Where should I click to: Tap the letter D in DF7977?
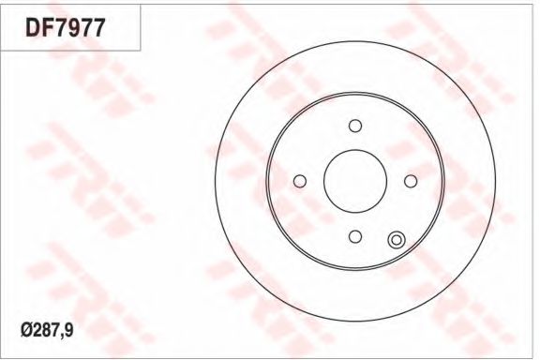pyautogui.click(x=33, y=27)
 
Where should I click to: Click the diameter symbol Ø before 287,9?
pyautogui.click(x=25, y=330)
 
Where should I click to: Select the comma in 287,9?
pyautogui.click(x=62, y=334)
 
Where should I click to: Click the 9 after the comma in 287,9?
pyautogui.click(x=68, y=330)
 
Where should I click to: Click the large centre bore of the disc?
pyautogui.click(x=354, y=181)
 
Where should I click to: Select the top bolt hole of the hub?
pyautogui.click(x=354, y=126)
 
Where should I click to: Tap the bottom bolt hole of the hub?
pyautogui.click(x=354, y=236)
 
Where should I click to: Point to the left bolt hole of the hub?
pyautogui.click(x=299, y=181)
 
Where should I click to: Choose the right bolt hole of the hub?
pyautogui.click(x=410, y=181)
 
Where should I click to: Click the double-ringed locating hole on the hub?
pyautogui.click(x=396, y=241)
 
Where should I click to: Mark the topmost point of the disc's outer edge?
pyautogui.click(x=354, y=41)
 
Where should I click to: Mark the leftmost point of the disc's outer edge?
pyautogui.click(x=215, y=181)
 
